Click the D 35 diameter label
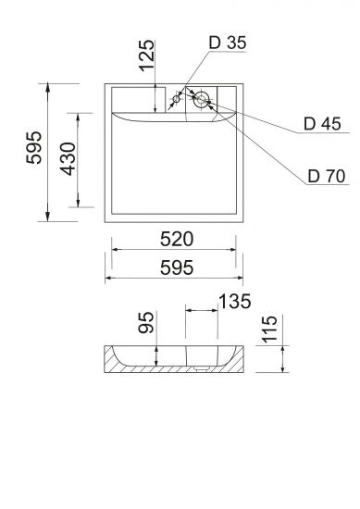(228, 43)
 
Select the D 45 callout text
(322, 124)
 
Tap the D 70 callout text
(327, 176)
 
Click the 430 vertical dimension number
(68, 159)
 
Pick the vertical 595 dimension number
(34, 147)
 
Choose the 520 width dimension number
(177, 240)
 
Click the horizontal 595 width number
(177, 267)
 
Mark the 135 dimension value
(235, 301)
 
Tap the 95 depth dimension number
(145, 322)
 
